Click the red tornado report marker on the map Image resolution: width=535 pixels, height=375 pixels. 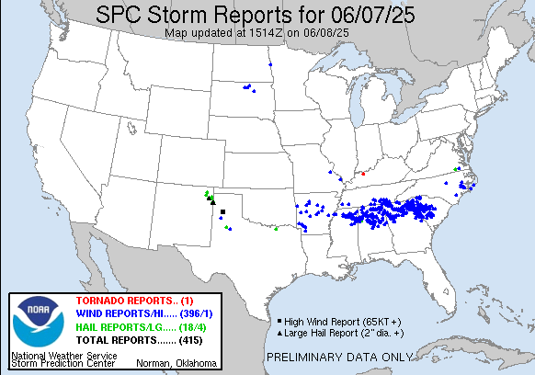363,172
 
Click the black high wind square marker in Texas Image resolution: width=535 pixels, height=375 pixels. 222,212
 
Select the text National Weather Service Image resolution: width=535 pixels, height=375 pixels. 64,355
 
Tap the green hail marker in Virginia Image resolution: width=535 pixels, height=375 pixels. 457,168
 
